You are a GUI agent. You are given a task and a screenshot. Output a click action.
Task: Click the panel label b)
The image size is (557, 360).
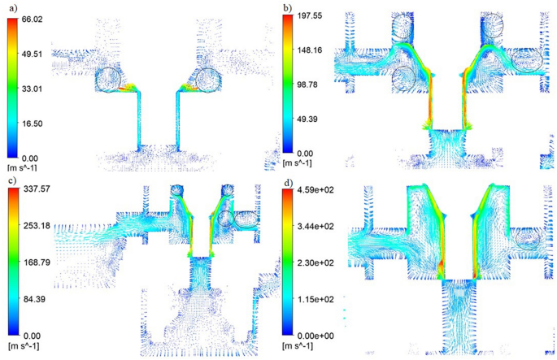[288, 7]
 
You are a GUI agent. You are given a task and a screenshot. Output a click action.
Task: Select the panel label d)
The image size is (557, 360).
[288, 183]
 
